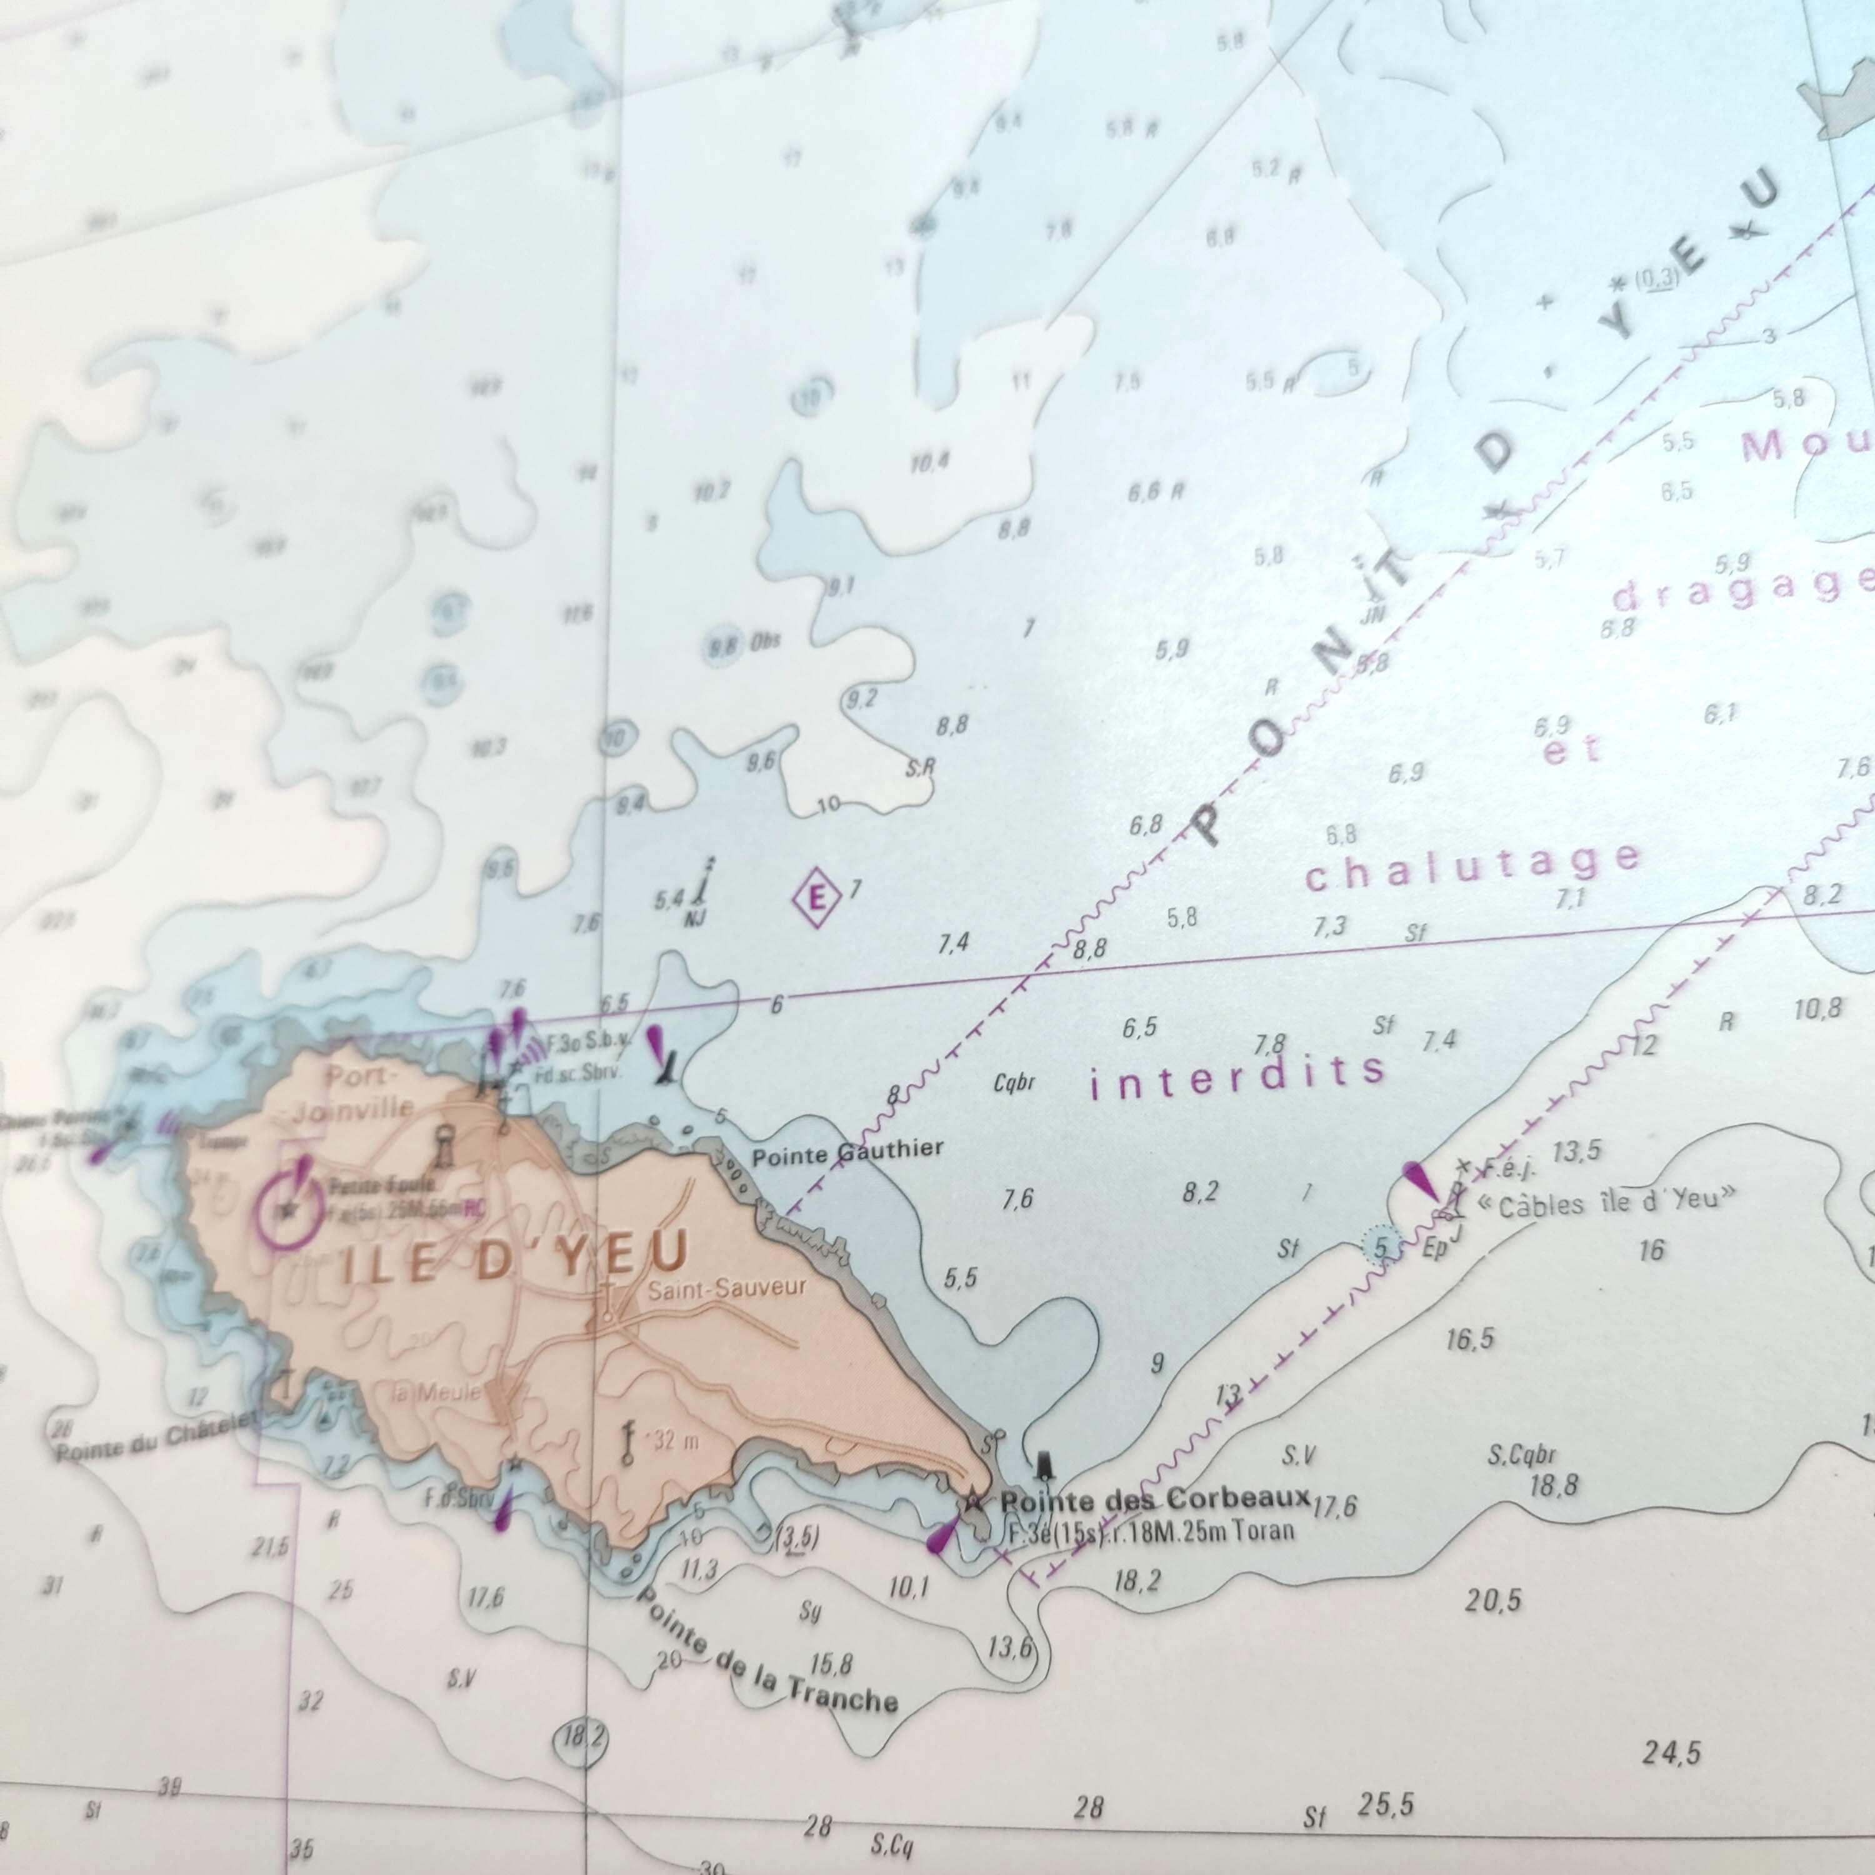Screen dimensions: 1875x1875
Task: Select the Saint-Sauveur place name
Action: [727, 1289]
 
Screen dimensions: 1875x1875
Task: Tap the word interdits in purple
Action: [1237, 1075]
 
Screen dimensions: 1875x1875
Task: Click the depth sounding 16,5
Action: [1469, 1340]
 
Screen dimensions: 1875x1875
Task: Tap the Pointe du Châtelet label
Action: [155, 1434]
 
